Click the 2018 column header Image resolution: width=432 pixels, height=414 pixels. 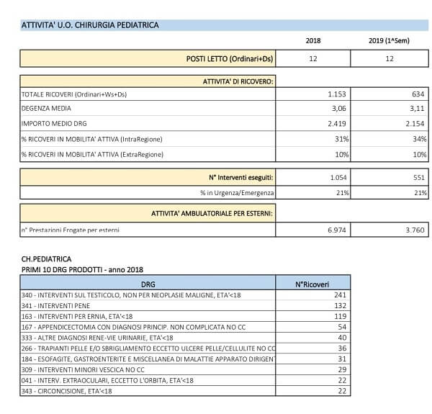(x=313, y=40)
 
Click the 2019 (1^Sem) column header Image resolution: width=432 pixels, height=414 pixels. (x=390, y=40)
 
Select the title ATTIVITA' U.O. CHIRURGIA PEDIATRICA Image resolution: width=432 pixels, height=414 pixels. (x=90, y=25)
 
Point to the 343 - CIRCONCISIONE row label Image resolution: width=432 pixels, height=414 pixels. (x=66, y=391)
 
